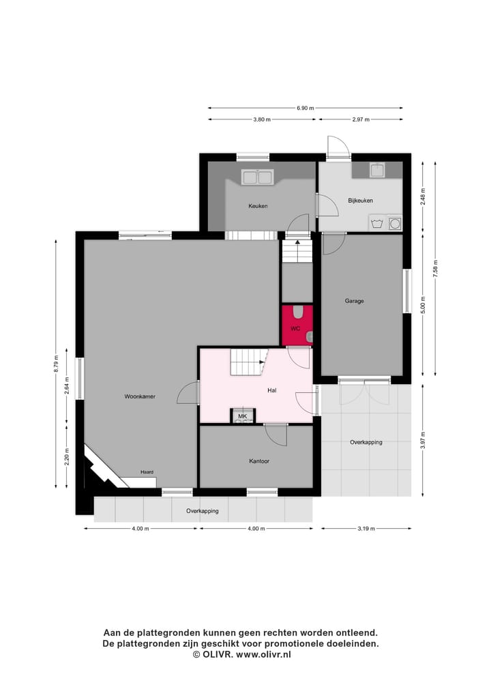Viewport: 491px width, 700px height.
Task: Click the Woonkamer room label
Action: click(x=140, y=396)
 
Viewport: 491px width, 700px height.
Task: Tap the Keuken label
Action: click(x=258, y=205)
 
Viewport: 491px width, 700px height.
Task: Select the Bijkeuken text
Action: click(x=359, y=201)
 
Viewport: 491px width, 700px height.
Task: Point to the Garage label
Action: click(x=354, y=301)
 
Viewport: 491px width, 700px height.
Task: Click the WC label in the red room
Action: click(x=295, y=328)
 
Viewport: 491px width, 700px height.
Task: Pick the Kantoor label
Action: click(x=259, y=461)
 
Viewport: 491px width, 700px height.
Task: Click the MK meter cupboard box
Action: click(x=242, y=416)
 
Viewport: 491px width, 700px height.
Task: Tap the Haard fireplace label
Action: click(x=147, y=471)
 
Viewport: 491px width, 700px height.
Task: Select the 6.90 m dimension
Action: click(x=305, y=108)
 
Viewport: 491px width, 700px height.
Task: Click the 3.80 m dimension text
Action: click(x=262, y=119)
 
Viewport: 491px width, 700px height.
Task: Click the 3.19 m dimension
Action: click(x=366, y=528)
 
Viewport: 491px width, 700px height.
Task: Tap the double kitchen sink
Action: click(x=257, y=177)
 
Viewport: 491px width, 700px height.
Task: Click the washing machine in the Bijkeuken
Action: click(x=394, y=223)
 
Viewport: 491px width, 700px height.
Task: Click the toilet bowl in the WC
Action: click(x=299, y=312)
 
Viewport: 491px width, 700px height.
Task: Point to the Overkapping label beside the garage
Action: click(x=366, y=442)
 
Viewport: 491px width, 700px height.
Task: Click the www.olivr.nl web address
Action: click(x=264, y=654)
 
